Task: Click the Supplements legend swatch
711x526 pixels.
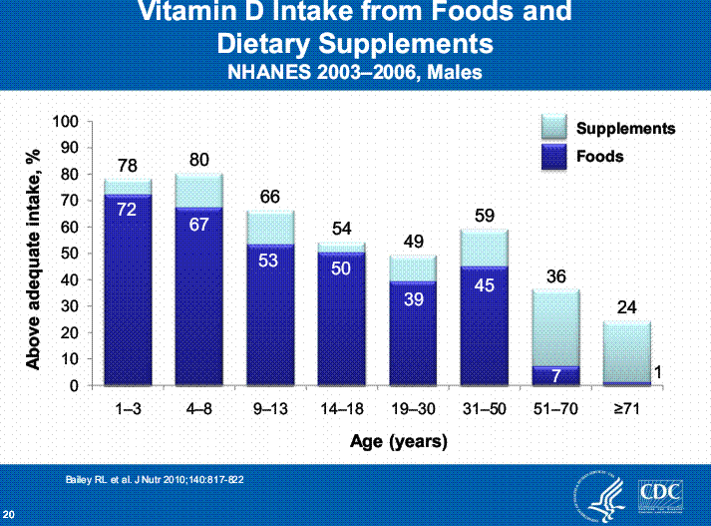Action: click(552, 128)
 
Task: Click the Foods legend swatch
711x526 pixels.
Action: click(552, 157)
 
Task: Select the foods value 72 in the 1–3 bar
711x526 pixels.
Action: click(126, 210)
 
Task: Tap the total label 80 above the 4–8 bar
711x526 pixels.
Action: click(199, 160)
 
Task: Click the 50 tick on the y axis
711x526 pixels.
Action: click(69, 254)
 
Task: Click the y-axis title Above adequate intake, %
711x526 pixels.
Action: click(34, 254)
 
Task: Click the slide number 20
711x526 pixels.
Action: click(9, 514)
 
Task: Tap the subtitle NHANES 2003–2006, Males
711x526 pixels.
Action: click(356, 72)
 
